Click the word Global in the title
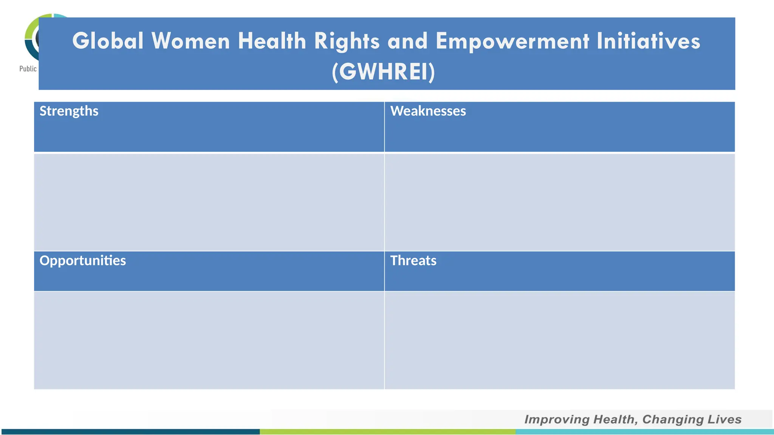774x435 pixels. click(108, 41)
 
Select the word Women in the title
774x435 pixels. click(190, 41)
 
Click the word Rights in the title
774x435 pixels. click(347, 42)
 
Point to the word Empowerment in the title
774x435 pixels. click(512, 42)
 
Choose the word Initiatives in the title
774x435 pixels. click(648, 41)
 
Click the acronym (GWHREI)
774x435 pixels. click(383, 72)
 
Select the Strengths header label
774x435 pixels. click(69, 111)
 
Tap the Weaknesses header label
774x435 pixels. click(428, 111)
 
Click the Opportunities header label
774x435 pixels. click(82, 261)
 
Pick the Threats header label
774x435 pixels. click(413, 261)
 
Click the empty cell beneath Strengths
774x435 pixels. click(209, 202)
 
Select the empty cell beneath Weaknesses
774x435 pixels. click(559, 202)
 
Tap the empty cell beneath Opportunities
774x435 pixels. click(209, 340)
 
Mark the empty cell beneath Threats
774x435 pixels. click(559, 340)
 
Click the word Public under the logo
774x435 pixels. click(28, 69)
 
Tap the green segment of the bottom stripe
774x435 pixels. click(387, 432)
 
